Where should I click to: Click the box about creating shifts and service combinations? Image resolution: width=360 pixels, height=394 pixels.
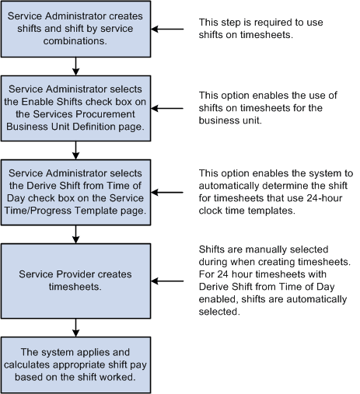click(x=75, y=30)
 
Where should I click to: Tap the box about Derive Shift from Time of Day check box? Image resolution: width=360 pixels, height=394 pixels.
click(x=75, y=191)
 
